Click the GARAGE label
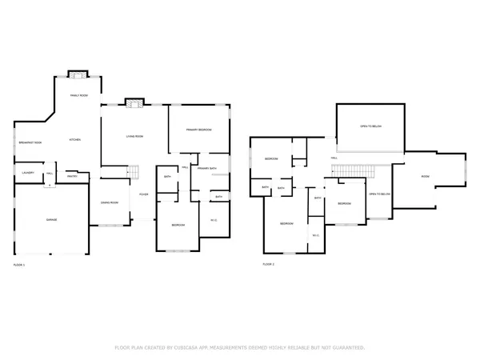coord(50,219)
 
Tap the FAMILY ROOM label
coord(78,94)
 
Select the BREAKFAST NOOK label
coord(30,142)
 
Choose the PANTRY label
coord(71,176)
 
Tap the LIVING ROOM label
coord(133,136)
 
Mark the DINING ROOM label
coord(108,202)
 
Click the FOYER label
coord(144,194)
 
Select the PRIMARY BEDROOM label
coord(198,130)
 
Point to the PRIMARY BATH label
coord(208,168)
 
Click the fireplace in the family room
coord(78,74)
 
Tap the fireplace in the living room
coord(133,102)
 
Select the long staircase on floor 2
coord(353,170)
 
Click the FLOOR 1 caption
coord(19,264)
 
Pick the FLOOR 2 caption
coord(269,264)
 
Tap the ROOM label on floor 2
coord(426,176)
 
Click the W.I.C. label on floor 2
coord(316,235)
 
